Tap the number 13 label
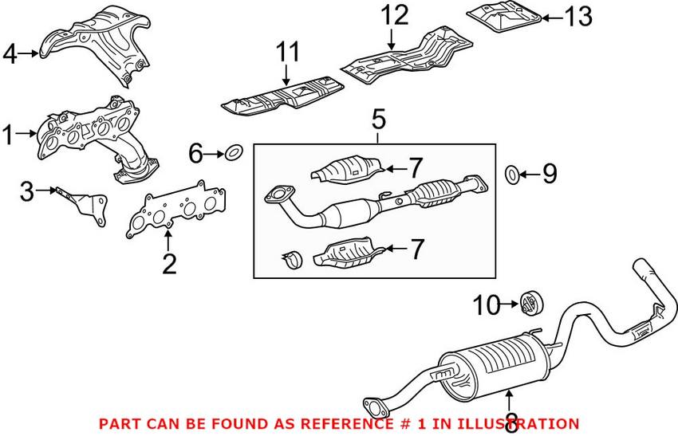pos(579,16)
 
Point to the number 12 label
pos(393,15)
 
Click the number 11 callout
pos(287,53)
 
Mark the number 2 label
pos(169,264)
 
